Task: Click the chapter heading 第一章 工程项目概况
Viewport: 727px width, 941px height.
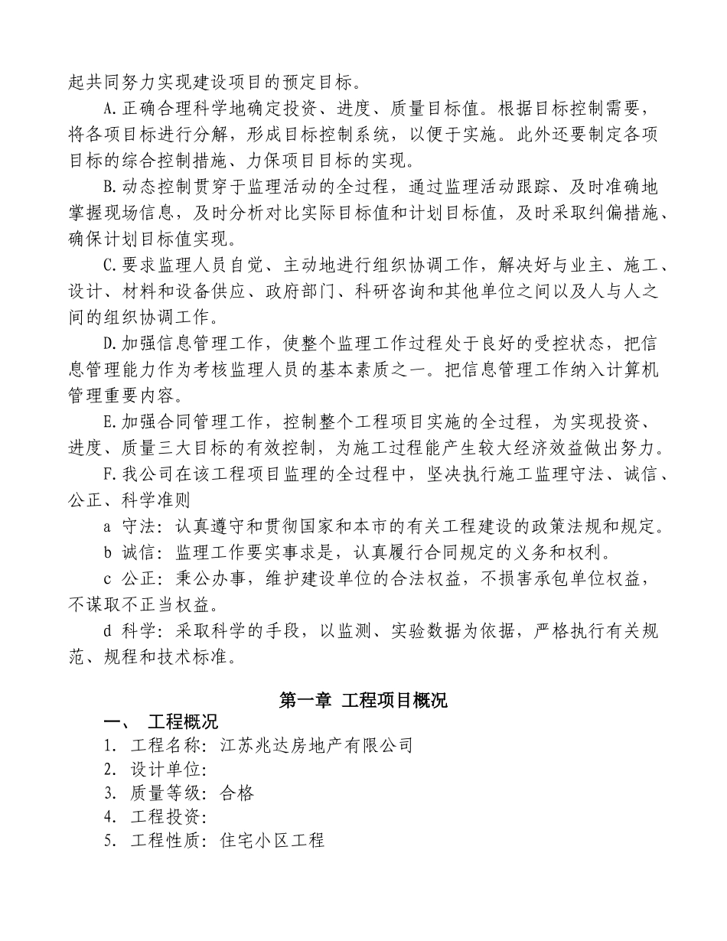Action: pyautogui.click(x=363, y=701)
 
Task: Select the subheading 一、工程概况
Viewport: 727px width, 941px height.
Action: pyautogui.click(x=161, y=722)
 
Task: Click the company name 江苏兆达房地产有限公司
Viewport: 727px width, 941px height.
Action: pyautogui.click(x=316, y=744)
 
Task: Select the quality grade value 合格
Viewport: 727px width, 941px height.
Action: pyautogui.click(x=236, y=793)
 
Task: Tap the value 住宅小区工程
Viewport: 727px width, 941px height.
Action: pyautogui.click(x=272, y=840)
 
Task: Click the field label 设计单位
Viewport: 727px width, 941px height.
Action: pyautogui.click(x=165, y=769)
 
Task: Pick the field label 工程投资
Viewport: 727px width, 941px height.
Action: pyautogui.click(x=165, y=816)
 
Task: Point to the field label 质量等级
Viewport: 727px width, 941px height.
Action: pyautogui.click(x=165, y=793)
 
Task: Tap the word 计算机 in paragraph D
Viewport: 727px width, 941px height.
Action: pyautogui.click(x=632, y=371)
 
